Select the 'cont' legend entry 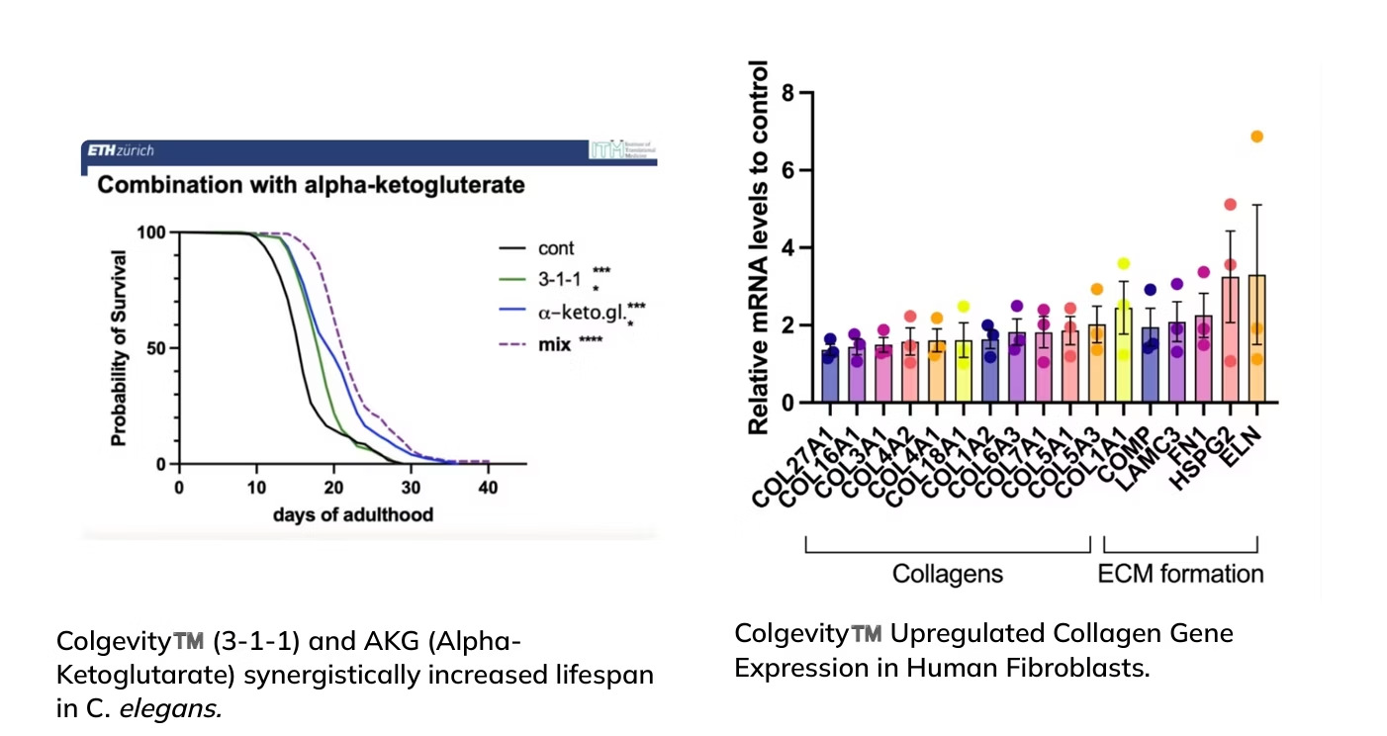pos(554,248)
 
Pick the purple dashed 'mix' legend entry pos(553,347)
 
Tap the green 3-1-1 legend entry pos(557,279)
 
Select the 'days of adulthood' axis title pos(352,514)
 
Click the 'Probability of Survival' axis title pos(118,348)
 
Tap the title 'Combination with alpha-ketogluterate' pos(310,185)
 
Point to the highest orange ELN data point pos(1257,137)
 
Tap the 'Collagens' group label pos(948,574)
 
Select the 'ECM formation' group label pos(1180,574)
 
